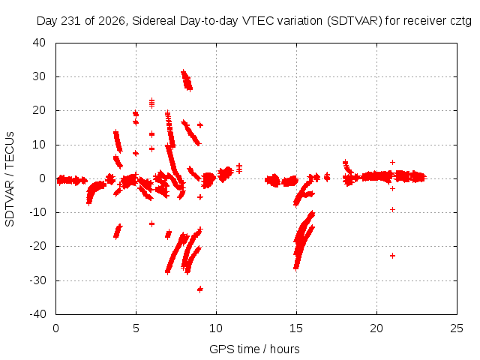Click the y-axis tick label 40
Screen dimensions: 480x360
[x=39, y=43]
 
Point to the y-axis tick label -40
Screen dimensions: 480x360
[x=37, y=313]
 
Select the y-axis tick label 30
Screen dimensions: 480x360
[x=39, y=76]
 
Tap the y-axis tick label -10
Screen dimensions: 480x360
[x=37, y=211]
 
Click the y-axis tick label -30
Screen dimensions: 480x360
[x=37, y=280]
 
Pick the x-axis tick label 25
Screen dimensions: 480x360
[x=457, y=328]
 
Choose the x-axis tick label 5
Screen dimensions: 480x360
[x=136, y=328]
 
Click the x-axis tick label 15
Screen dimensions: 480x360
[x=296, y=328]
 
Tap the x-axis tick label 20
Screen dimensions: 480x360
[x=376, y=328]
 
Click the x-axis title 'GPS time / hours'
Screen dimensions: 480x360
[x=254, y=349]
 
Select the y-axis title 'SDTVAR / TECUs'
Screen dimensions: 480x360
[x=10, y=179]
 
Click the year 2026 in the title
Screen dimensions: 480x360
[x=112, y=21]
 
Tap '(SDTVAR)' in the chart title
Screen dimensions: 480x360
[x=355, y=21]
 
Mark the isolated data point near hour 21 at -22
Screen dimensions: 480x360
[x=392, y=256]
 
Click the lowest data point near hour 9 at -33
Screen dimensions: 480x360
[x=200, y=289]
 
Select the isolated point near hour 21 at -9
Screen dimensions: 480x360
[x=392, y=209]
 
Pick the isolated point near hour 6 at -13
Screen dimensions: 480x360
[x=151, y=223]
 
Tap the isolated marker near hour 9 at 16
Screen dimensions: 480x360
[x=200, y=125]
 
